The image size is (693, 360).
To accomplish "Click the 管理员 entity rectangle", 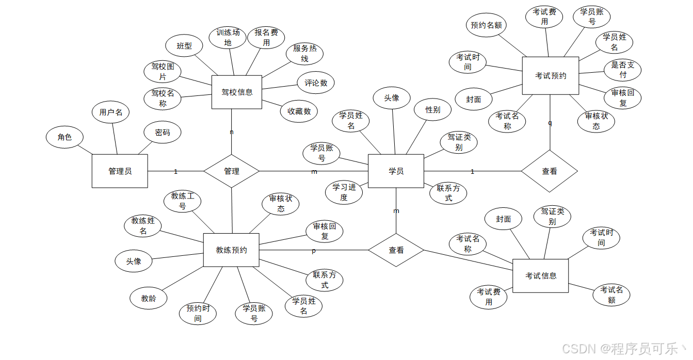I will [x=120, y=171].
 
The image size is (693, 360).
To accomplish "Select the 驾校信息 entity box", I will [x=237, y=92].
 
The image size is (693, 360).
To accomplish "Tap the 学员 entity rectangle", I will [x=396, y=171].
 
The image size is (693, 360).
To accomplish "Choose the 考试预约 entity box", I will [x=550, y=75].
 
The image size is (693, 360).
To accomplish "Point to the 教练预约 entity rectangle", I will [x=231, y=250].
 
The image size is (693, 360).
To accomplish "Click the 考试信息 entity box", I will [x=540, y=276].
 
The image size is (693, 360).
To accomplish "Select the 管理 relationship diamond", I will [x=231, y=171].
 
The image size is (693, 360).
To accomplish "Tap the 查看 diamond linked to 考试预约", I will [x=549, y=171].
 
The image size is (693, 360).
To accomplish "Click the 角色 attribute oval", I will [x=65, y=137].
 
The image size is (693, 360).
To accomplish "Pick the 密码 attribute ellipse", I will [x=163, y=133].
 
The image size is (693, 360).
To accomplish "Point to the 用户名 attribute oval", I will [x=111, y=112].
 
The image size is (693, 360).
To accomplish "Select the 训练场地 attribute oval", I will [x=228, y=38].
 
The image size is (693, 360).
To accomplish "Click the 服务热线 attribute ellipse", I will [x=304, y=54].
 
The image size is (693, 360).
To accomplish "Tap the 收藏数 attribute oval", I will [x=299, y=111].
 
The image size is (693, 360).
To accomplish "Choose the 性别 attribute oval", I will [x=432, y=109].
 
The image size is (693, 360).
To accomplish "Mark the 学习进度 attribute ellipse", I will [x=344, y=192].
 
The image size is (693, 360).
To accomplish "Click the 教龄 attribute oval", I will [x=148, y=298].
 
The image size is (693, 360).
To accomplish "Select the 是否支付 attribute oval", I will [x=622, y=70].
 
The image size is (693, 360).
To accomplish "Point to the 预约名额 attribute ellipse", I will [x=486, y=25].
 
